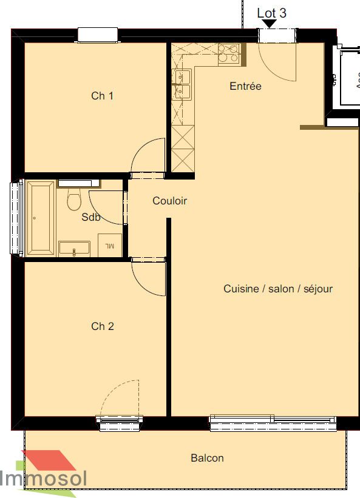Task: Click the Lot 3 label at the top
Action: click(271, 13)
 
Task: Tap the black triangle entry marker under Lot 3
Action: click(269, 24)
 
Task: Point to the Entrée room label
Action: click(245, 86)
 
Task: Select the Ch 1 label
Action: click(102, 96)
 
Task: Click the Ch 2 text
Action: click(102, 326)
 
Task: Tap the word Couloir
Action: click(169, 201)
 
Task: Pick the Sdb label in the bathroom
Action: click(91, 218)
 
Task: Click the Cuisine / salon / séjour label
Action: click(278, 289)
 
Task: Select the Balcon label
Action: click(207, 458)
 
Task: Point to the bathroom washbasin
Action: click(74, 249)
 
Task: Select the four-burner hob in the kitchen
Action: click(229, 55)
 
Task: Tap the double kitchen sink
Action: click(182, 84)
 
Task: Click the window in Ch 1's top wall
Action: click(97, 35)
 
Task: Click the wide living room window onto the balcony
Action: click(273, 423)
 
